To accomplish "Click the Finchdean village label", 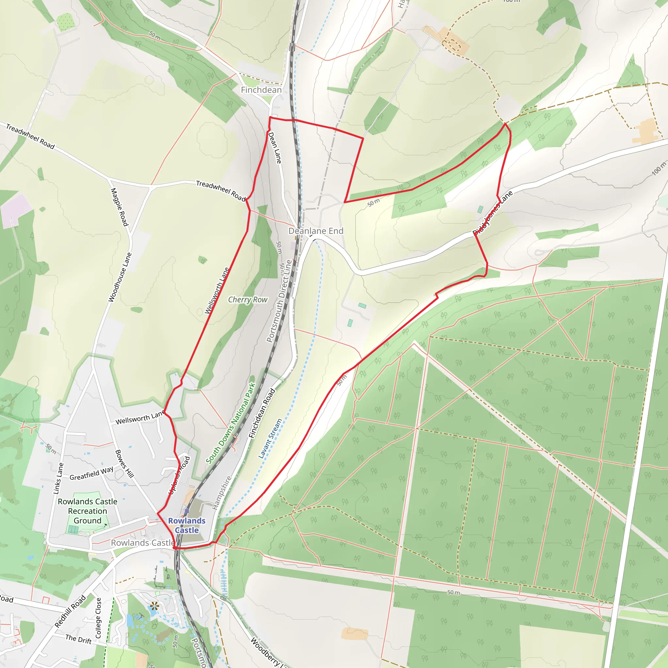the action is coord(261,90).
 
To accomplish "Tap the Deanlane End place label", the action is coord(316,231).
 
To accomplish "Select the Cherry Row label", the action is coord(248,300).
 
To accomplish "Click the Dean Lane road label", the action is coord(275,148).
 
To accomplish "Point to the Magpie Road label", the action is coord(119,207).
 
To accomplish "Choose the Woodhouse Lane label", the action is coord(120,277).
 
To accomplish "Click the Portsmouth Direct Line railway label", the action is coord(280,301).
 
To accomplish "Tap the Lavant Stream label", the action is coord(270,438).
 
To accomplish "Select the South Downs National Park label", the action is coord(231,423).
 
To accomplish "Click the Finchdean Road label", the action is coord(262,414).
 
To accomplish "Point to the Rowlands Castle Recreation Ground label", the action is coord(87,511).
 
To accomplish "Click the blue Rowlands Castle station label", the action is coord(187,525).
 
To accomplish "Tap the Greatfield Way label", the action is coord(91,473).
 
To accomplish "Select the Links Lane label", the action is coord(58,478).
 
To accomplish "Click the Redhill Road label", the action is coord(70,611).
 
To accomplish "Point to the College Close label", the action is coord(98,618).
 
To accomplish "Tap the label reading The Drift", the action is coord(79,639).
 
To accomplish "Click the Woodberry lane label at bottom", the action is coord(266,652).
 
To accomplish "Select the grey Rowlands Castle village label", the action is coord(143,543).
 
